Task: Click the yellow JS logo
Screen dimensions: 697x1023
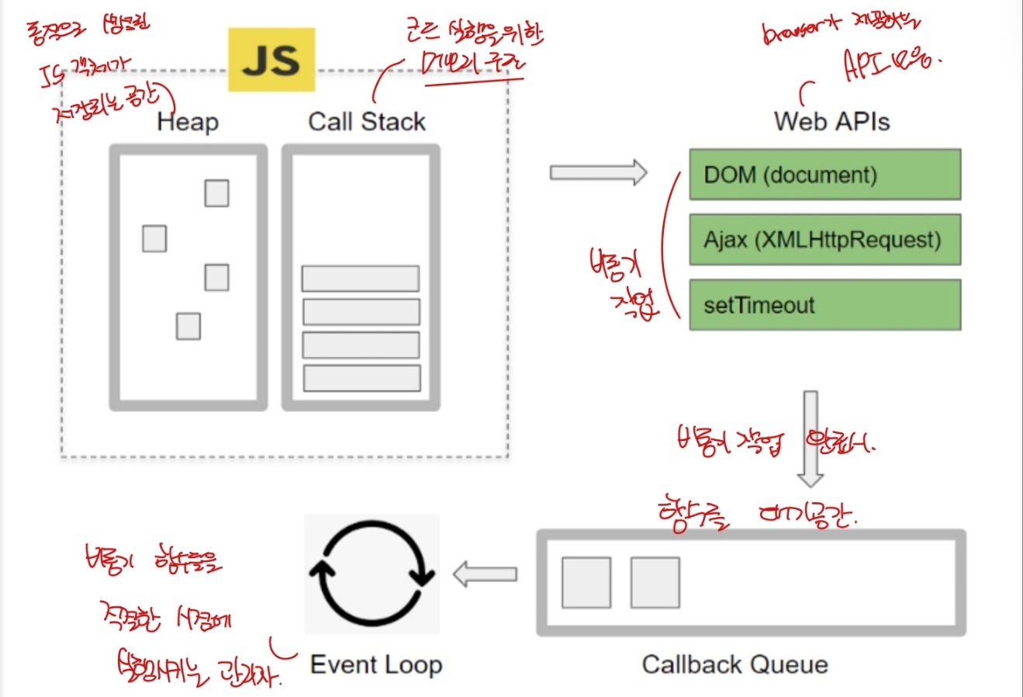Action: [271, 60]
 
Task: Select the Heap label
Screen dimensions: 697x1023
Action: [188, 122]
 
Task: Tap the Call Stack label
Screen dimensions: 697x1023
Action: [367, 121]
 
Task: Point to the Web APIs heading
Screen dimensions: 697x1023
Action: [831, 121]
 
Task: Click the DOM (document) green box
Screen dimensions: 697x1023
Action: [825, 175]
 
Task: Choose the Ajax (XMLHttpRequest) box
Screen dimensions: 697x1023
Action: [825, 240]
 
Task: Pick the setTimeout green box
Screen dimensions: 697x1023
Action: [825, 305]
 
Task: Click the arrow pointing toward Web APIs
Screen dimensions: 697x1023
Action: [598, 172]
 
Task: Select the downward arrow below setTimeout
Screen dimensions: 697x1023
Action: [810, 439]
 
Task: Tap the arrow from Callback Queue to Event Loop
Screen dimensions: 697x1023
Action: [485, 575]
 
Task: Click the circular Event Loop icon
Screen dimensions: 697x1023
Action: [372, 574]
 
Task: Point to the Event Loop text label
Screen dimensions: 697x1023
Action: [376, 664]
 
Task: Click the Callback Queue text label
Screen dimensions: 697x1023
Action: [734, 664]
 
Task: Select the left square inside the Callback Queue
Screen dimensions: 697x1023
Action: [586, 582]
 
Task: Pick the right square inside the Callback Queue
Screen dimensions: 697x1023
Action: [655, 582]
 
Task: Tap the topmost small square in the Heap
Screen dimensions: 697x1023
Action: [217, 193]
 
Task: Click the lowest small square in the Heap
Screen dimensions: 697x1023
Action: [188, 326]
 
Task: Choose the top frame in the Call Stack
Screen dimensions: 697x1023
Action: [361, 279]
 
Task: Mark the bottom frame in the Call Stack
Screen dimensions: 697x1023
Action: [361, 378]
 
